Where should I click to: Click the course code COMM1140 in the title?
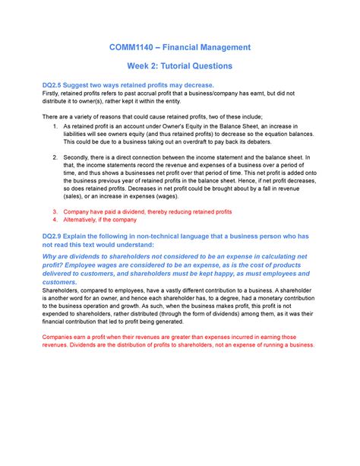pyautogui.click(x=131, y=47)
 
